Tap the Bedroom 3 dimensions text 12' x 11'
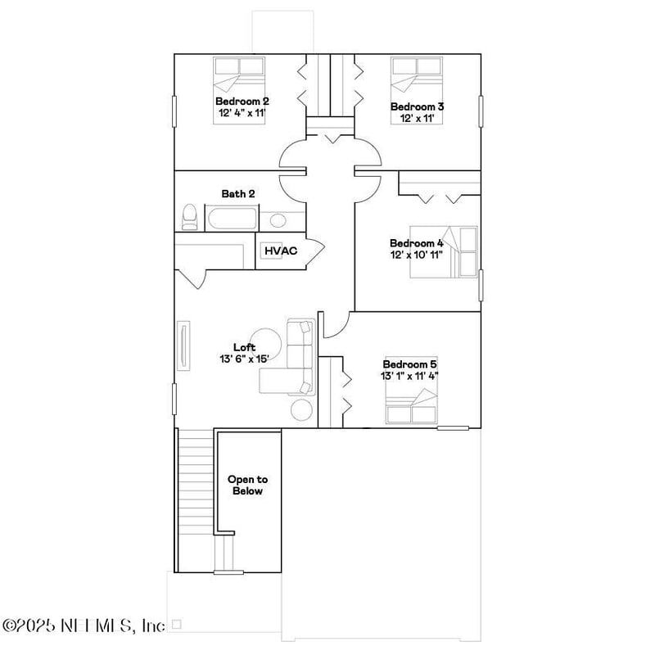click(417, 119)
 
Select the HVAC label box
click(278, 251)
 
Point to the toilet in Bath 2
click(189, 217)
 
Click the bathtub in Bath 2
click(232, 219)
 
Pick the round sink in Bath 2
click(278, 219)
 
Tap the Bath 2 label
click(238, 193)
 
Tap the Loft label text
click(244, 347)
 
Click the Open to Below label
click(247, 486)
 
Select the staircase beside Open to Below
click(196, 499)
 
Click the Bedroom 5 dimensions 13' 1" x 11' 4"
click(409, 376)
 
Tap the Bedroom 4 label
click(416, 243)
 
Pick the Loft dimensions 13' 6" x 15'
click(244, 359)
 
